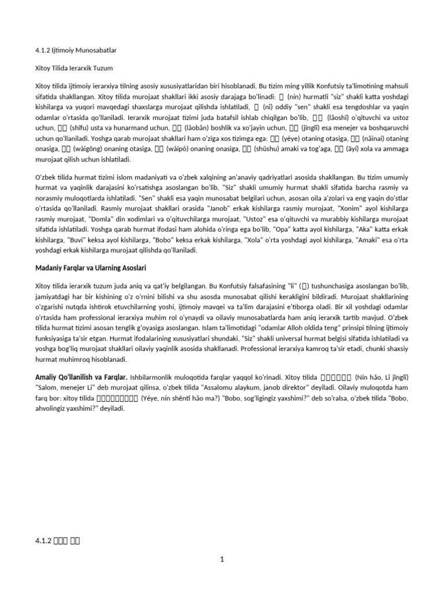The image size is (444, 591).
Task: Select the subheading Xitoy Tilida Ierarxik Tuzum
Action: point(76,68)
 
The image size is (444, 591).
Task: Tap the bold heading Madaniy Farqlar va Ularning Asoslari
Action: point(99,268)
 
